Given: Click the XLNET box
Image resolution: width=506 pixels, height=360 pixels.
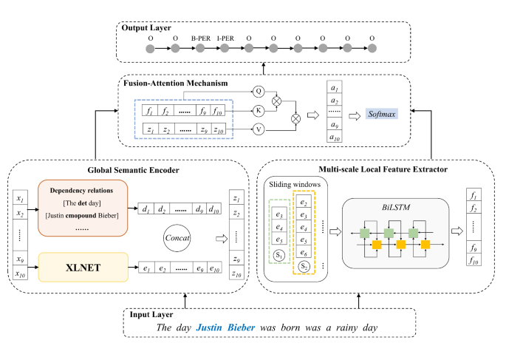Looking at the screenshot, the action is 83,268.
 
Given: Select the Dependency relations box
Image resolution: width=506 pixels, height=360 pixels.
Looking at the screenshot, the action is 83,208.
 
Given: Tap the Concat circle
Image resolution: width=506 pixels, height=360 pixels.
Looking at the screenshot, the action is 177,238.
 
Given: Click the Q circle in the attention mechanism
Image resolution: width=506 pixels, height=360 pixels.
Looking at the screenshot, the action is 259,92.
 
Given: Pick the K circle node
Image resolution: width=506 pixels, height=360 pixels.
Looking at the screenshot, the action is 259,111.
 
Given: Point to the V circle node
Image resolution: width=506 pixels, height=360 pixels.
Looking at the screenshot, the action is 259,129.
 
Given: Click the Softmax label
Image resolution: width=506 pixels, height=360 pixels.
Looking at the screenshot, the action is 382,114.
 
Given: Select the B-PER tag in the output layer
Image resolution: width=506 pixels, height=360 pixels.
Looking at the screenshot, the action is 201,38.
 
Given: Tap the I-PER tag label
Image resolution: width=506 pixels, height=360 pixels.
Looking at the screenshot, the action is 225,38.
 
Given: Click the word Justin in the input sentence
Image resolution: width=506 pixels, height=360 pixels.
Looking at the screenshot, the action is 209,327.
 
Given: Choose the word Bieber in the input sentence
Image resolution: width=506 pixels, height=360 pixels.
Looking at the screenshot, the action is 242,327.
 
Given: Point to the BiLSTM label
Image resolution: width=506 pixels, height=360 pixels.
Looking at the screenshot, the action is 396,207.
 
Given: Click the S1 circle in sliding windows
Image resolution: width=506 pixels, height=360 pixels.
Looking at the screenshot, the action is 279,256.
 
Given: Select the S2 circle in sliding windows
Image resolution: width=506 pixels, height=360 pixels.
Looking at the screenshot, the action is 304,266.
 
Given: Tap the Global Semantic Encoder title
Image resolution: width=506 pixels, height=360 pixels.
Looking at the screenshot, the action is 133,170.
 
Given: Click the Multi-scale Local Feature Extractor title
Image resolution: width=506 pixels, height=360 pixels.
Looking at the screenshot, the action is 383,169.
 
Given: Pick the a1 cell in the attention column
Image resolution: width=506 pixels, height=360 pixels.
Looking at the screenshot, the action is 335,87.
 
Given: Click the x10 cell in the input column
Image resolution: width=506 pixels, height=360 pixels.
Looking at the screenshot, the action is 20,274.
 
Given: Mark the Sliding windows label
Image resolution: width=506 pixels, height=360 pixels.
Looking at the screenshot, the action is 295,184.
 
